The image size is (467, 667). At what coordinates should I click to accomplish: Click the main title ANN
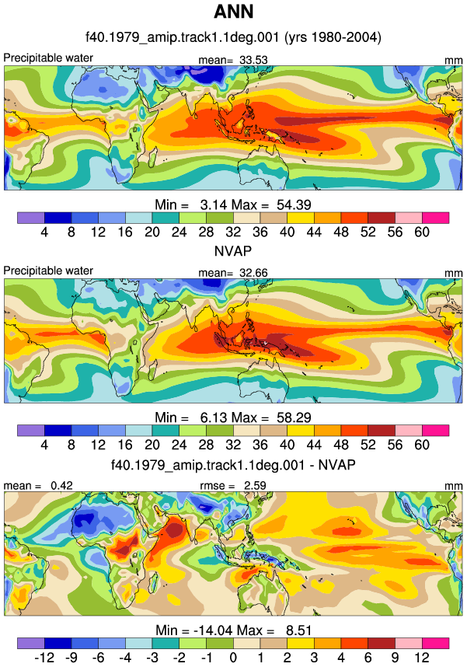point(233,12)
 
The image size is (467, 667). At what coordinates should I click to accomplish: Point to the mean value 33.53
point(253,60)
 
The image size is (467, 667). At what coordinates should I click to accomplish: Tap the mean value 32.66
point(253,273)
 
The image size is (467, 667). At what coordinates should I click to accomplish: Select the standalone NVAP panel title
point(233,251)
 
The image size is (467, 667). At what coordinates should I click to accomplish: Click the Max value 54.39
point(294,204)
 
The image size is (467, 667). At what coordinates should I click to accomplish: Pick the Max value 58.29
point(294,417)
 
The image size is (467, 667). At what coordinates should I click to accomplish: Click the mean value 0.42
point(61,485)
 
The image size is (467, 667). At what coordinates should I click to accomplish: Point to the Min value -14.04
point(213,630)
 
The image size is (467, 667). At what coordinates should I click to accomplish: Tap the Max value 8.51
point(299,630)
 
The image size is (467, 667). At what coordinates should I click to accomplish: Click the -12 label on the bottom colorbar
point(44,658)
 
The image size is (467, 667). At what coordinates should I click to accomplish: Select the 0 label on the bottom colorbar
point(233,658)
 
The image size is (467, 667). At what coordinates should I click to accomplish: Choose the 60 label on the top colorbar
point(422,232)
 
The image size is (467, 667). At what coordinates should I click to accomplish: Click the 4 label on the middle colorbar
point(44,445)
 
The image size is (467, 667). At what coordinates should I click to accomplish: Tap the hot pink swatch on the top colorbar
point(435,218)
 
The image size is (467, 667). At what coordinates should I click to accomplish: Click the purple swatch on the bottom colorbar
point(30,643)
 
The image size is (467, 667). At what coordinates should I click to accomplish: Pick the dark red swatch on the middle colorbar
point(382,431)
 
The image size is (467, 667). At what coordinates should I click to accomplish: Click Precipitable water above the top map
point(48,58)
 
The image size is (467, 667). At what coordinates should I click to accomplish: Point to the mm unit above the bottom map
point(453,486)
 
